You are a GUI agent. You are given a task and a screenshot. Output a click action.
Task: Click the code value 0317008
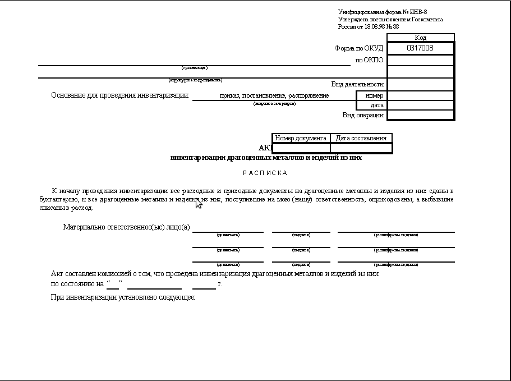(420, 48)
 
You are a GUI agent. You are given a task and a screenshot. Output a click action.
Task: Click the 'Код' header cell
(420, 38)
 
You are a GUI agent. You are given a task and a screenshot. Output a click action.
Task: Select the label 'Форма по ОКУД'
(359, 48)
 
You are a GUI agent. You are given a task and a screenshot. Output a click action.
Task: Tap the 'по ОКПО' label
(369, 60)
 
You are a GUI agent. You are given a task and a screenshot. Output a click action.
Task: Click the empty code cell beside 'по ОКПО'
(420, 60)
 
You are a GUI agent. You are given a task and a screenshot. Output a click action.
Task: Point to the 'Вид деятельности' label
(357, 84)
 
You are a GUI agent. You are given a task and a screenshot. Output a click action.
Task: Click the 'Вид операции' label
(363, 115)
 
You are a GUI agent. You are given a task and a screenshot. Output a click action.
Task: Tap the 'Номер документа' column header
(301, 138)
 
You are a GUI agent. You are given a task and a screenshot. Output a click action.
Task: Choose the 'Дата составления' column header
(361, 138)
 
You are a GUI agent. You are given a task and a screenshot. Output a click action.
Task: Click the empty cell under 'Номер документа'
(301, 148)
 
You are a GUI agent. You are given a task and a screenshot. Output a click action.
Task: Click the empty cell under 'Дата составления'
(361, 148)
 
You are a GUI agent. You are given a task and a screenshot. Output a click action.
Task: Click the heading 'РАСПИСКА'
(265, 173)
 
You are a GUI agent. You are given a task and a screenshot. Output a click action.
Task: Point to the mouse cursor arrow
(198, 203)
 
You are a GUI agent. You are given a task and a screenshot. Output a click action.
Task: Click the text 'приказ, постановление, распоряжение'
(274, 95)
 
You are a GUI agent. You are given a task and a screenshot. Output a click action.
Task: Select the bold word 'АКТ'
(265, 148)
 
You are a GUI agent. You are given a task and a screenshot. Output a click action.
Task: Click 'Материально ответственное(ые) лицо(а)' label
(127, 227)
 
